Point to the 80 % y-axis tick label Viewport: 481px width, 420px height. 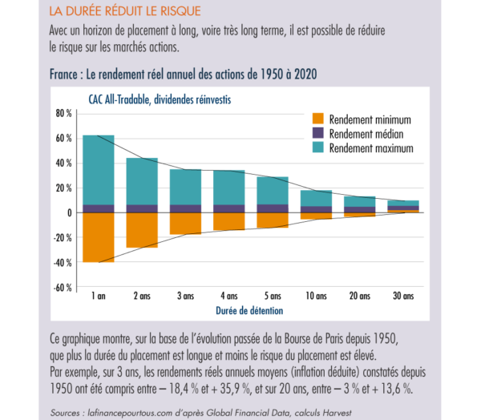[64, 113]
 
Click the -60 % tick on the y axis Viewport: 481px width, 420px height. [63, 287]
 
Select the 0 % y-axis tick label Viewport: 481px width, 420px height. [67, 212]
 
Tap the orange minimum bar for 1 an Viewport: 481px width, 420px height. [99, 237]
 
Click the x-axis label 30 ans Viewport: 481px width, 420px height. [403, 296]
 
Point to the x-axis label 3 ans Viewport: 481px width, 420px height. [186, 296]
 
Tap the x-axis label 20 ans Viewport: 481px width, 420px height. [360, 296]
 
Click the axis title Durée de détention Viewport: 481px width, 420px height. [250, 309]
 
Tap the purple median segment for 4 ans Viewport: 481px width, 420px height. [229, 208]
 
